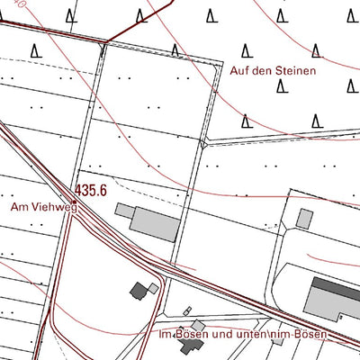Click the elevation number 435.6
(x=91, y=191)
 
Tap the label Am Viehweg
(x=44, y=207)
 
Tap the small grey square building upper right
(x=305, y=219)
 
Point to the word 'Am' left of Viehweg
(x=19, y=207)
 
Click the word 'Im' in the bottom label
(x=163, y=335)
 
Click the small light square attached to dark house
(x=154, y=288)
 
